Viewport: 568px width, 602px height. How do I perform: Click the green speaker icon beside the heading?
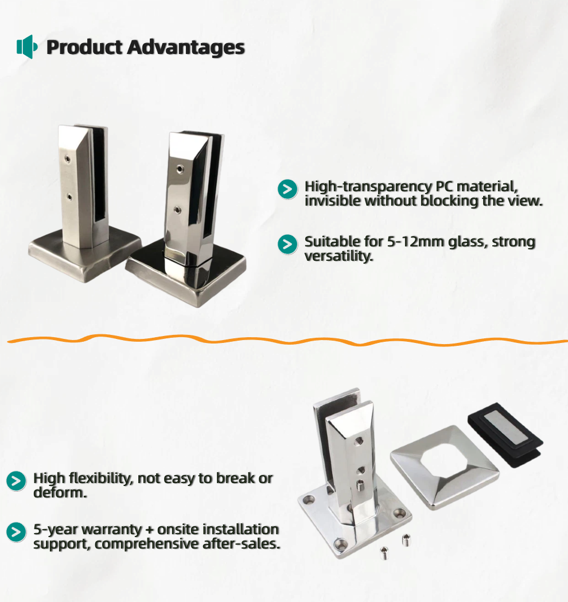(27, 47)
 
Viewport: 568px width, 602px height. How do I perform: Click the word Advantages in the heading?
(186, 48)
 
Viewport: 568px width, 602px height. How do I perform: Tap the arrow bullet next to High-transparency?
(287, 189)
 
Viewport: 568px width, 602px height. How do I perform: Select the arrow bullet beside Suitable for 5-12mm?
(287, 244)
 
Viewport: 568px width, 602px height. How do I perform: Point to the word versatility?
(339, 256)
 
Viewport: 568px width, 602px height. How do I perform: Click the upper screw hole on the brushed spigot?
(68, 159)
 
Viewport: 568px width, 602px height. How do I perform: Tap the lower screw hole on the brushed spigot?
(69, 198)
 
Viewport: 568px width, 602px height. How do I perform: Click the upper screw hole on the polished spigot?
(180, 168)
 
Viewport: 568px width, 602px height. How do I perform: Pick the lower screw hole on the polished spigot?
(177, 210)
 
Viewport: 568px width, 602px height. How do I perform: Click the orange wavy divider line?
(287, 340)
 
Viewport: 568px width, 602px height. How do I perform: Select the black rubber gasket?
(505, 434)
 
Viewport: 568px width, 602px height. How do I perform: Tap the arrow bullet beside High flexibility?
(16, 481)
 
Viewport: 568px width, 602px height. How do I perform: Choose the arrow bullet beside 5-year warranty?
(16, 532)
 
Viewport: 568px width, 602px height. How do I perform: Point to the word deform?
(60, 493)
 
